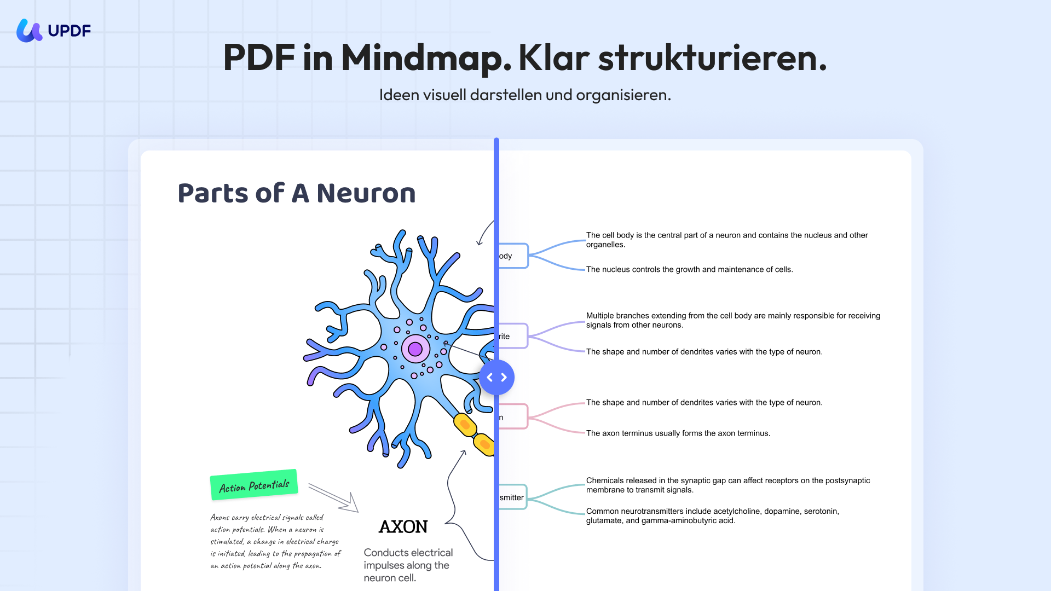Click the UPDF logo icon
click(x=29, y=31)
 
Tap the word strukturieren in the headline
click(x=712, y=58)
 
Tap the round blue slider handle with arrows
click(x=496, y=378)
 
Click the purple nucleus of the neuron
click(x=415, y=349)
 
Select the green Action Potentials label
click(x=254, y=485)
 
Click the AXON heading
click(x=403, y=527)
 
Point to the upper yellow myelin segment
click(x=465, y=425)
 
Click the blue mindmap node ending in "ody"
click(x=513, y=256)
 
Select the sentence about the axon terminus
click(x=678, y=433)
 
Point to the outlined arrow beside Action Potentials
click(x=334, y=497)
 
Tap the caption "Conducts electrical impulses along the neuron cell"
click(x=408, y=565)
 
